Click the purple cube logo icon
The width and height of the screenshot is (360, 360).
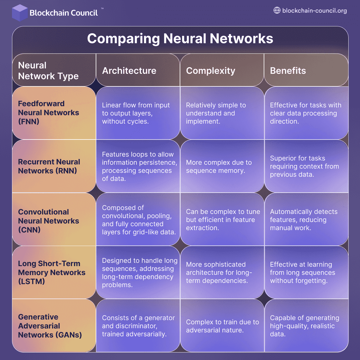tap(20, 13)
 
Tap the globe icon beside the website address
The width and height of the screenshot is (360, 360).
tap(277, 10)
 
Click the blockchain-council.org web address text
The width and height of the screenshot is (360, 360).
tap(314, 11)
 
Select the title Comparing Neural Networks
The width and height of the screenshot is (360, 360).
tap(180, 39)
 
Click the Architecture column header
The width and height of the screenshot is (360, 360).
tap(129, 71)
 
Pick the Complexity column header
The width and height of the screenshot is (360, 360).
tap(211, 71)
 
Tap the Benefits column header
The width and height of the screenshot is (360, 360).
tap(288, 71)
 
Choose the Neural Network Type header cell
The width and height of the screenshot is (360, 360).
tap(48, 71)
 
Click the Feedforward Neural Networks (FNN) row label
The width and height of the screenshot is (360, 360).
tap(49, 113)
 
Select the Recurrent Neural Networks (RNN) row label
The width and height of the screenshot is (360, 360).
tap(49, 166)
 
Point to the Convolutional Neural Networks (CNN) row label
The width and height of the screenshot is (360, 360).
tap(49, 221)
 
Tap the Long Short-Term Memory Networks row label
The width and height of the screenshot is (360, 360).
tap(52, 272)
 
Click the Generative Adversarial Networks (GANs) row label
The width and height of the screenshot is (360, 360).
tap(50, 326)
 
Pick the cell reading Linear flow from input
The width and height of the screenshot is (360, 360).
tap(136, 113)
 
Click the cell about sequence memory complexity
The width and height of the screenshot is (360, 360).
tap(219, 166)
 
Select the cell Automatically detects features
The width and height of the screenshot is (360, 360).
tap(304, 220)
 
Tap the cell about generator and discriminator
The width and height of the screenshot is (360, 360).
tap(138, 326)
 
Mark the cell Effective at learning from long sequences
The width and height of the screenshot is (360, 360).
tap(302, 272)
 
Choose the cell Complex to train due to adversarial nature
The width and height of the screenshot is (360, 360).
tap(222, 326)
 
